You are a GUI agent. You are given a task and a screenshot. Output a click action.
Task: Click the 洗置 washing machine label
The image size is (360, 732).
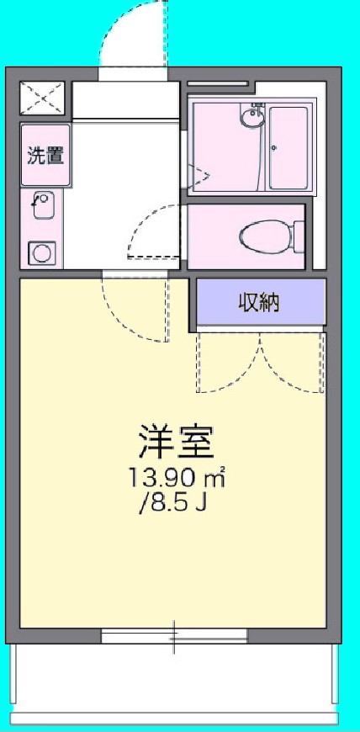tap(45, 155)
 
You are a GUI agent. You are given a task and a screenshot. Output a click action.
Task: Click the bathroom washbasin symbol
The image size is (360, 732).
tap(251, 118)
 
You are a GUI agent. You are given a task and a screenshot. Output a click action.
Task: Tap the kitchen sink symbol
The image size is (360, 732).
tap(43, 204)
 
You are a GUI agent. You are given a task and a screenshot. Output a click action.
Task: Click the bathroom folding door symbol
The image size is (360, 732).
tap(199, 175)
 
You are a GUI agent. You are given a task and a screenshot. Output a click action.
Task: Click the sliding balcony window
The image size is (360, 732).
tap(175, 636)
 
